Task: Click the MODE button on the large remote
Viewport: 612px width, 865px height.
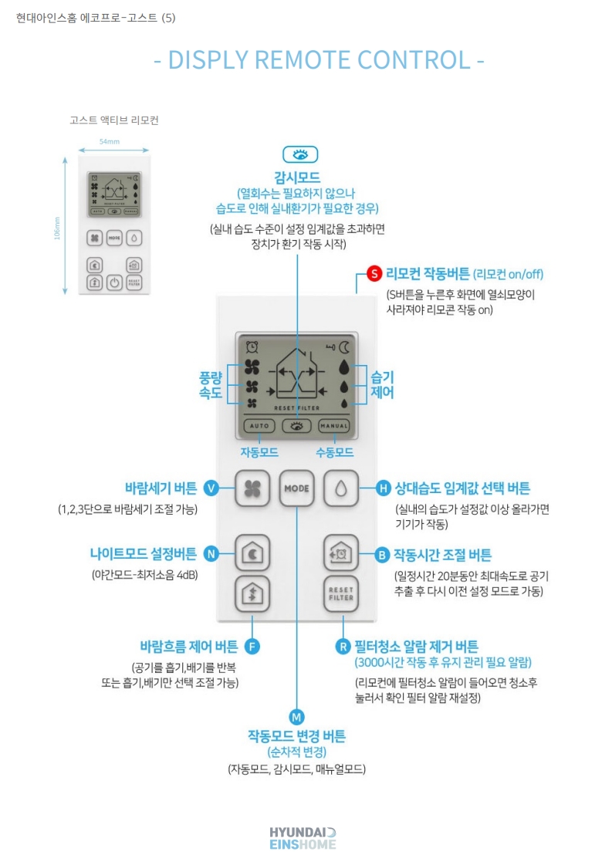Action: coord(296,488)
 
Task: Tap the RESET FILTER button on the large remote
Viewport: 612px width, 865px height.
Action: coord(340,593)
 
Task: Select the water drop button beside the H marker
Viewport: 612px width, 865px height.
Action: coord(340,488)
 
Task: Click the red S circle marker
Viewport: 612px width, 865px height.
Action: coord(374,273)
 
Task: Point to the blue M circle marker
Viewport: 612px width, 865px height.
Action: coord(297,715)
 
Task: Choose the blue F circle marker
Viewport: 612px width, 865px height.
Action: coord(252,646)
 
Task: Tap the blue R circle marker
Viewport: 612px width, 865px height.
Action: coord(343,646)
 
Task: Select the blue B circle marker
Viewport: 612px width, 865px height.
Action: coord(381,554)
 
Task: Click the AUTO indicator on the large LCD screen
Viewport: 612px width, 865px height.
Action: coord(259,425)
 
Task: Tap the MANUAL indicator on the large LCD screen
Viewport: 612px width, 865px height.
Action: coord(334,425)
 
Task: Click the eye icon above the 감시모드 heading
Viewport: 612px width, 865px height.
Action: coord(300,154)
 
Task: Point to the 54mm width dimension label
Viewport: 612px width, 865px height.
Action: coord(110,142)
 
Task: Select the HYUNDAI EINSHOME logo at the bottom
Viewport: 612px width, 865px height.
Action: coord(303,838)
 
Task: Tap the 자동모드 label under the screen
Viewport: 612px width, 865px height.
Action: coord(259,452)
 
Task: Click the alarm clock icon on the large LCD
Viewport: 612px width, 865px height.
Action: coord(252,347)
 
